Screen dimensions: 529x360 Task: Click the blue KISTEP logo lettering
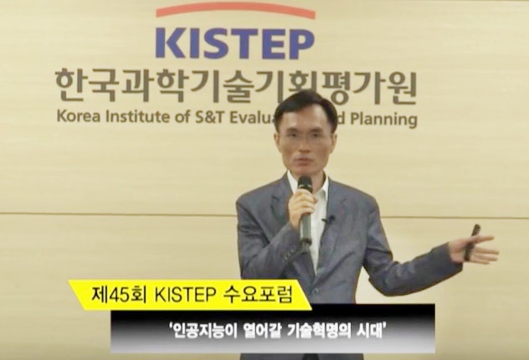click(235, 44)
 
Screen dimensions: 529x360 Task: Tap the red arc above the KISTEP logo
click(235, 9)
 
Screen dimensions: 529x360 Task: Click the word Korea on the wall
click(79, 117)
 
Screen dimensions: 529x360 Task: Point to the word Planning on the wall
click(384, 120)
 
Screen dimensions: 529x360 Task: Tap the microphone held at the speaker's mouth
click(306, 209)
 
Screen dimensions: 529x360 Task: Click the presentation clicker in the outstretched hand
click(471, 242)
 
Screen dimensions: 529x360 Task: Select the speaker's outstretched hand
click(473, 248)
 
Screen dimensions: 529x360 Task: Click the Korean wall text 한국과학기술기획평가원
click(236, 87)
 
